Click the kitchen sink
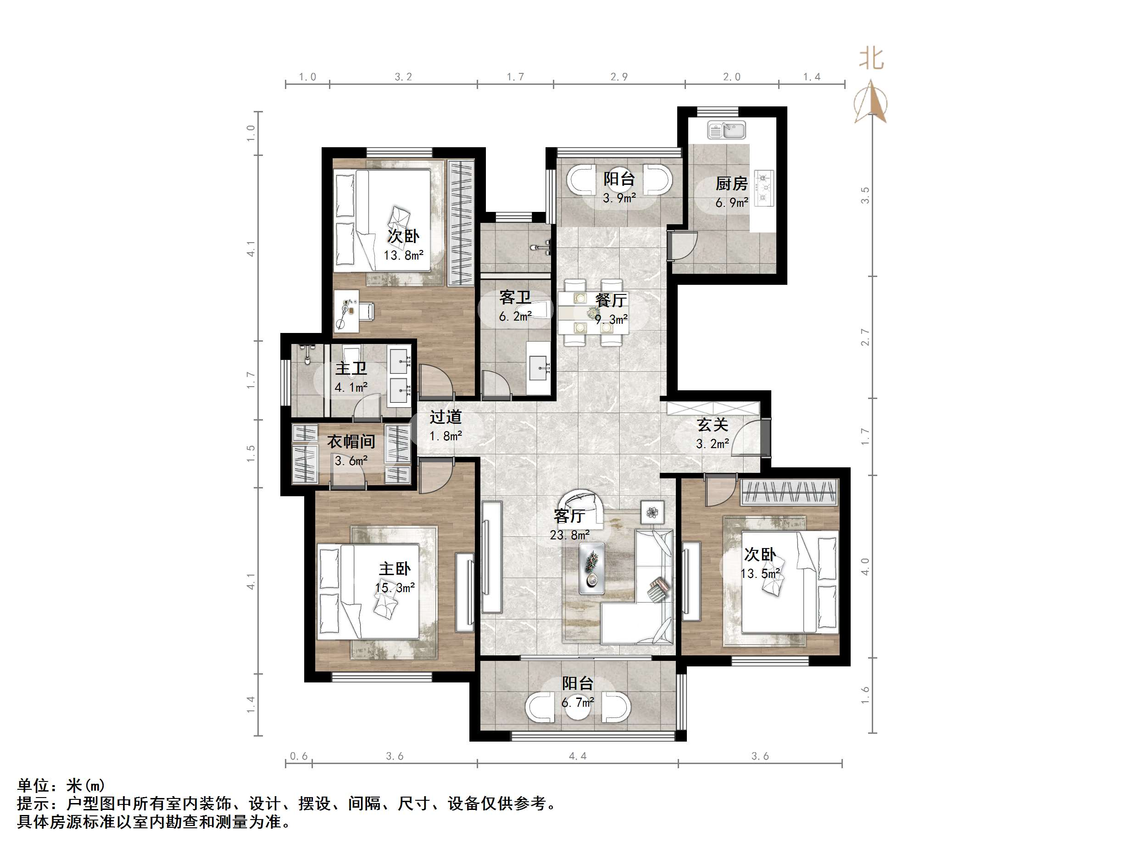(x=726, y=130)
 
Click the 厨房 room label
(x=731, y=183)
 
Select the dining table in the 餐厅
(x=593, y=312)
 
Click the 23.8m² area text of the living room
(x=569, y=535)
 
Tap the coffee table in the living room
(x=591, y=568)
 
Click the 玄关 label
(x=712, y=424)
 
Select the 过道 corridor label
(x=446, y=416)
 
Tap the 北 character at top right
(x=871, y=58)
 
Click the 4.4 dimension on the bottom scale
(x=578, y=756)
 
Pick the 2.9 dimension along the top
(x=618, y=77)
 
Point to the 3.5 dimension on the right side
(x=864, y=195)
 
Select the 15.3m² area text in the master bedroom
(x=394, y=588)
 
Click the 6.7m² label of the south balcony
(x=578, y=702)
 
